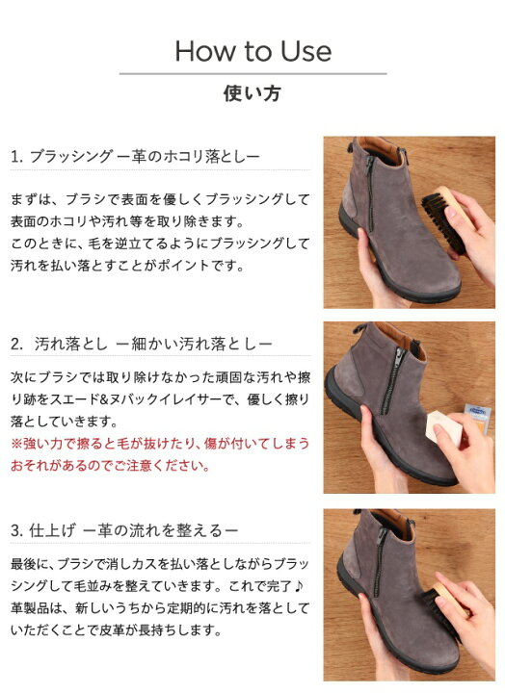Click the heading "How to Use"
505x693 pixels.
coord(252,50)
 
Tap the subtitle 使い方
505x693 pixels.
coord(252,94)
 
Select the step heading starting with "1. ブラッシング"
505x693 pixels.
coord(136,155)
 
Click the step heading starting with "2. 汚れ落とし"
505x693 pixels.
coord(142,343)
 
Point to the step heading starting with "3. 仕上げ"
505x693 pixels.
coord(124,530)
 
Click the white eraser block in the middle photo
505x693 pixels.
coord(447,425)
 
